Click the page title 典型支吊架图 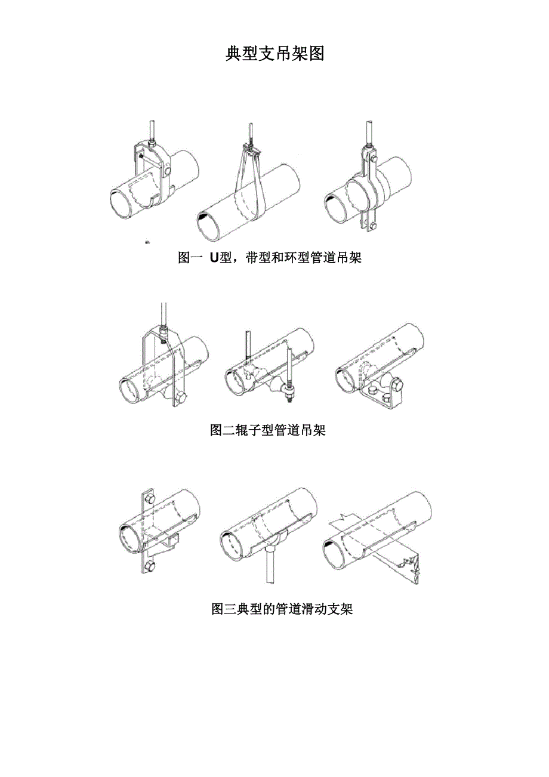point(274,54)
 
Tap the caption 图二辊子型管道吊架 point(268,430)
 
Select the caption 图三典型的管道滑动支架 point(282,609)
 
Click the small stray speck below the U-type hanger point(147,242)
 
